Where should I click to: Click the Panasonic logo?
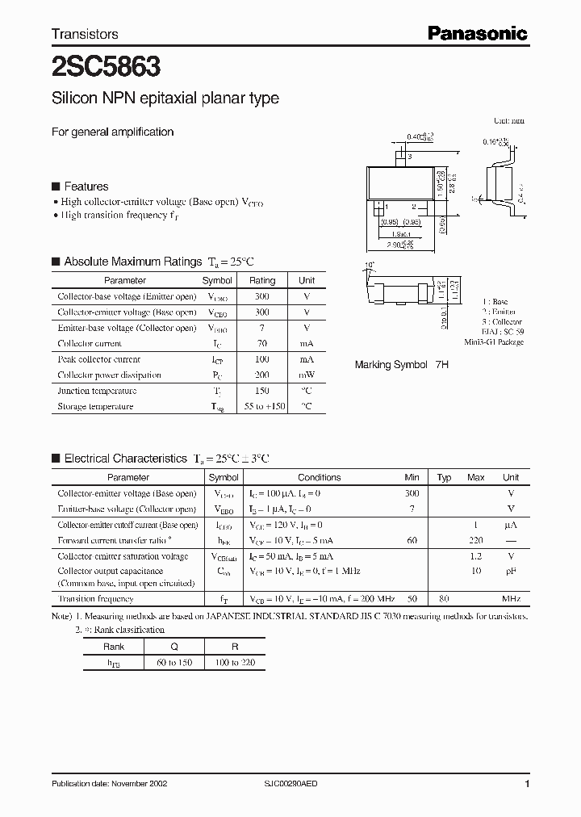click(x=477, y=33)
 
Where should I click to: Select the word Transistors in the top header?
click(x=85, y=34)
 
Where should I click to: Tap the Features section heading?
click(x=86, y=186)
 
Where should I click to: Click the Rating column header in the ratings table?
click(x=262, y=280)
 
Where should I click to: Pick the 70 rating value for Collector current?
click(x=262, y=344)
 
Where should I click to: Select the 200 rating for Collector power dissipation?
click(x=262, y=375)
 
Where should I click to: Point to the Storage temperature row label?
click(x=95, y=407)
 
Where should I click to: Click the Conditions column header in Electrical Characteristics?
click(x=319, y=477)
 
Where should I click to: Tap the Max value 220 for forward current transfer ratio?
click(x=476, y=540)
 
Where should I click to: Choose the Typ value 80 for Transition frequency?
click(x=443, y=599)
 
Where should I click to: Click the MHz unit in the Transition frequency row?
click(x=510, y=599)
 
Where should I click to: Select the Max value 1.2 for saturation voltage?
click(x=476, y=556)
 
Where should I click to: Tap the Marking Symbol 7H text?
click(x=401, y=365)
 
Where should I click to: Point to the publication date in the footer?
click(x=110, y=784)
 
